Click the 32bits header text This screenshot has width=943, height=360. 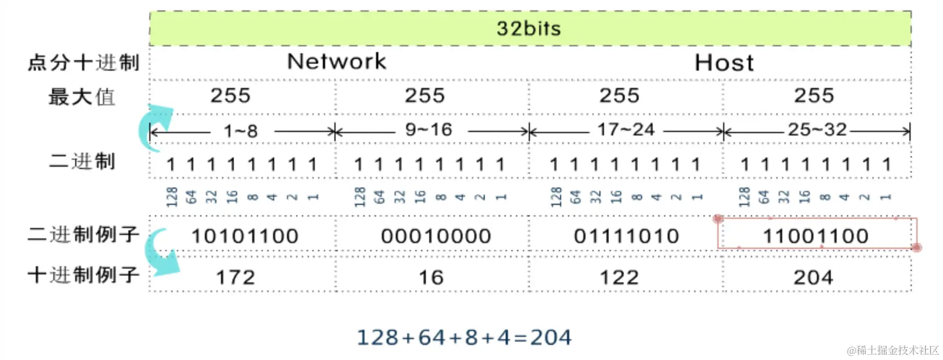(x=529, y=28)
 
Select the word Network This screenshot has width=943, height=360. (x=337, y=61)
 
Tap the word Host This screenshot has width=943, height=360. (x=724, y=63)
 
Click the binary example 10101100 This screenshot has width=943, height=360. (x=245, y=236)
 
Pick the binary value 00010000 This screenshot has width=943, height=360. (x=436, y=236)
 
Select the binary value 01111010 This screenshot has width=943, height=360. (x=627, y=236)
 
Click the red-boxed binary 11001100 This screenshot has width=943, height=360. (x=816, y=236)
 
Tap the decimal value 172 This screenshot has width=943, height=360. (x=235, y=277)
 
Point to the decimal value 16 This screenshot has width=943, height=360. (x=431, y=277)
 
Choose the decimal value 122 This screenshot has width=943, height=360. (x=619, y=277)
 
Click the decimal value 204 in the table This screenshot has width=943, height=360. (x=813, y=277)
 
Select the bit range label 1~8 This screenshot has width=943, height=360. (x=241, y=131)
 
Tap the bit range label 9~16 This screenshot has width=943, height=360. (x=429, y=130)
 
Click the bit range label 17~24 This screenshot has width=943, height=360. (x=626, y=130)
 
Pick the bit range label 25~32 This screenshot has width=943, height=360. (x=817, y=130)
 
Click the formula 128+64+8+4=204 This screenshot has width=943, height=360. (x=464, y=337)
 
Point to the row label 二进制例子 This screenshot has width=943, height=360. (x=84, y=234)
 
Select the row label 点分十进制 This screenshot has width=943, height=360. (x=84, y=63)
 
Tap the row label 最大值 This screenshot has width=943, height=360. (x=82, y=97)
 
